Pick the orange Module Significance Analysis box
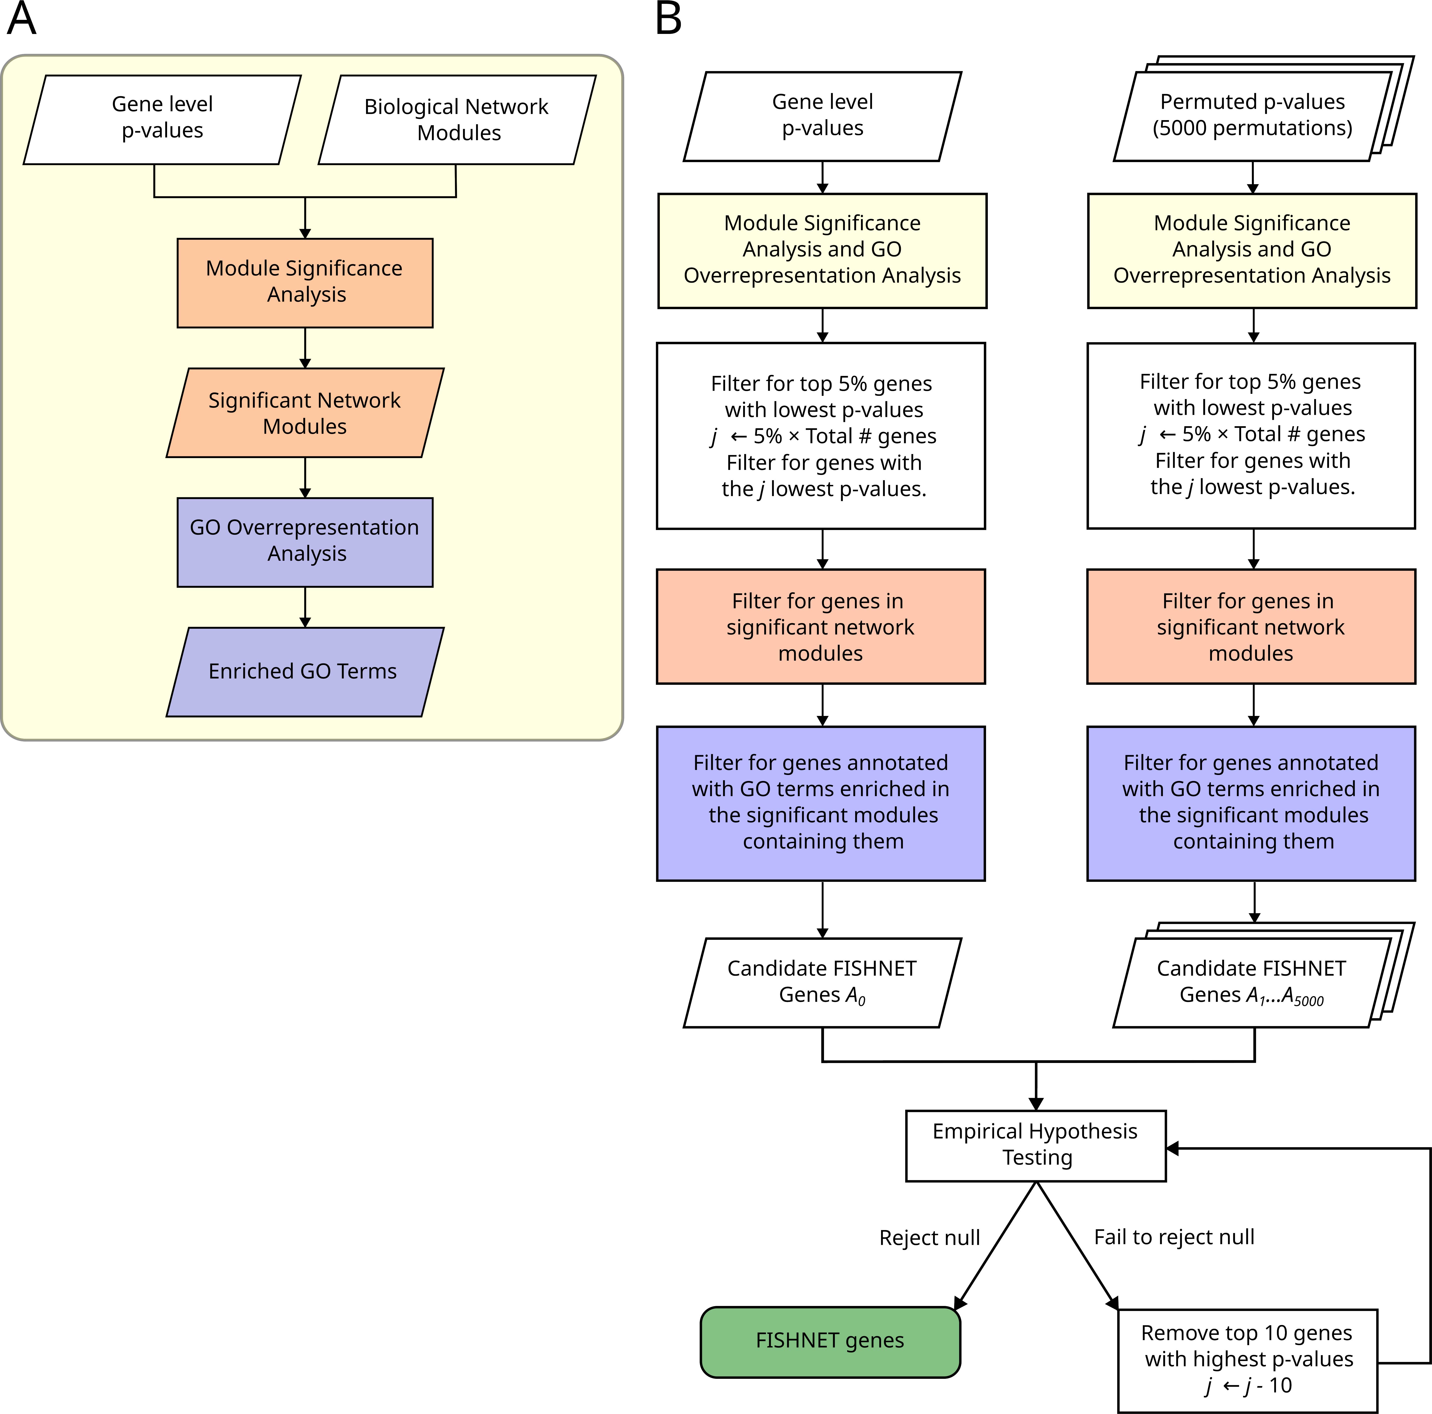(305, 282)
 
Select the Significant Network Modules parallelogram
(305, 413)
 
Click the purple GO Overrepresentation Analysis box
(305, 541)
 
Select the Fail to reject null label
(1174, 1237)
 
